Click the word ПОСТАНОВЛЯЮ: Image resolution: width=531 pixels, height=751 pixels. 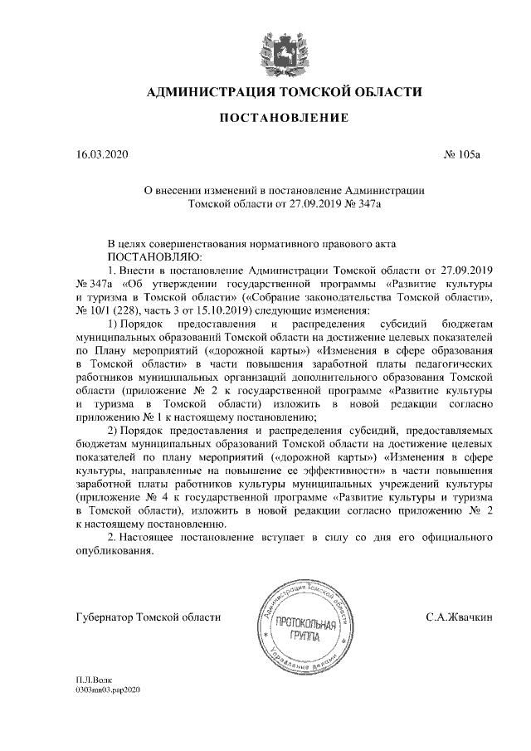click(149, 258)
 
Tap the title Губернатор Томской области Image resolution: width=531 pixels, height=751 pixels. click(148, 617)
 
